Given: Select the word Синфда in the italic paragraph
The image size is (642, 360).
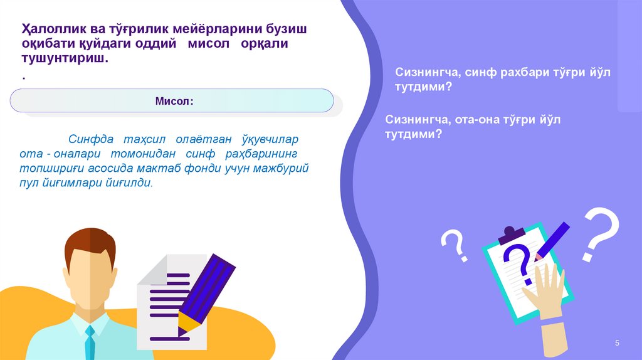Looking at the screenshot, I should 85,139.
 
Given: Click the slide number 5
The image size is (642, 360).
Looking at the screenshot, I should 617,343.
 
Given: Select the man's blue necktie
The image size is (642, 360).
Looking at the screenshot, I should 91,342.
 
